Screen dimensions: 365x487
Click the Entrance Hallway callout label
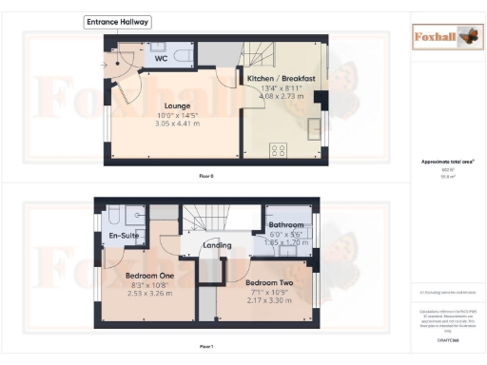117,21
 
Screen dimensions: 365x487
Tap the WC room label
163,58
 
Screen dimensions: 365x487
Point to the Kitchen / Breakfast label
282,77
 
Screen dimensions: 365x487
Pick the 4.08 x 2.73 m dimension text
282,96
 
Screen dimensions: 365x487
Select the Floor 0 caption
206,177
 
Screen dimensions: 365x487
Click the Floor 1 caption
206,347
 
